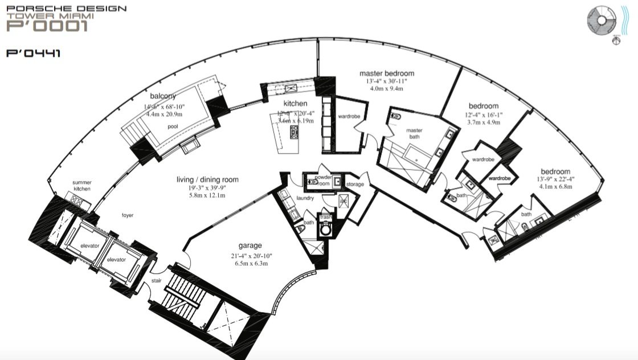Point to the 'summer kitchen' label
click(x=82, y=186)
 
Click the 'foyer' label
click(x=127, y=215)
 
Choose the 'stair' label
click(x=158, y=281)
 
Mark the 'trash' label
click(x=326, y=217)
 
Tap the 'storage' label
click(x=355, y=184)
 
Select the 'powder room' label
click(x=323, y=180)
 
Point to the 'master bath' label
click(x=414, y=134)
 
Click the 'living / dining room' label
click(x=207, y=180)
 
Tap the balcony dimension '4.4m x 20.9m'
click(x=165, y=114)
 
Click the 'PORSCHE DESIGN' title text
click(x=66, y=9)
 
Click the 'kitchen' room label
click(x=296, y=104)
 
